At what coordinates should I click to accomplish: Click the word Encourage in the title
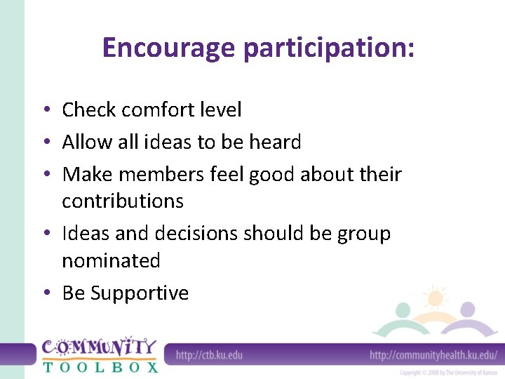169,48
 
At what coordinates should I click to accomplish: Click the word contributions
123,201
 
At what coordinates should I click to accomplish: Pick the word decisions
193,234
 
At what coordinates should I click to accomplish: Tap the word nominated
111,261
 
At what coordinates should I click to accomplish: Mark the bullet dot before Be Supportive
44,293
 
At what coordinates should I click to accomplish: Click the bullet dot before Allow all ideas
44,143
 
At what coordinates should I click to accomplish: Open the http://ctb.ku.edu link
209,355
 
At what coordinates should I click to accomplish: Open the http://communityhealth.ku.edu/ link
433,355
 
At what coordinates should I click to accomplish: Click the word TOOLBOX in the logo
100,366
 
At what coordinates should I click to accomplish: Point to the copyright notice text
449,373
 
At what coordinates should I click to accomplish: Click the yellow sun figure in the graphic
436,299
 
